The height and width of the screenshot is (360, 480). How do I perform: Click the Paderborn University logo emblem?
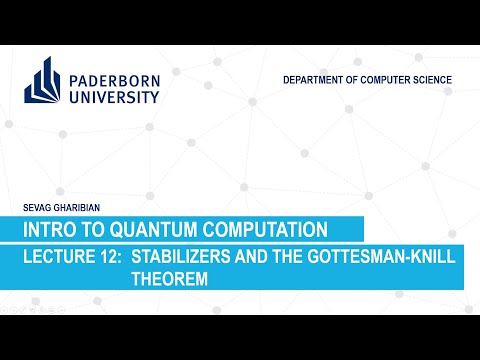[x=45, y=80]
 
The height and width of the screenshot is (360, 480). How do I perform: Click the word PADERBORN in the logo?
[x=115, y=75]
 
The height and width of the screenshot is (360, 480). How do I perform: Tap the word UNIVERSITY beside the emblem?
[x=115, y=96]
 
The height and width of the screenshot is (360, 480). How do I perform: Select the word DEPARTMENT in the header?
[x=319, y=79]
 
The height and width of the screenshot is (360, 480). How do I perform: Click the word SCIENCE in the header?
[x=434, y=79]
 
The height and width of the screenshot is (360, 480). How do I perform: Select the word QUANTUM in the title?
[x=165, y=229]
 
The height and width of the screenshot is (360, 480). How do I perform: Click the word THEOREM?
[x=169, y=281]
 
